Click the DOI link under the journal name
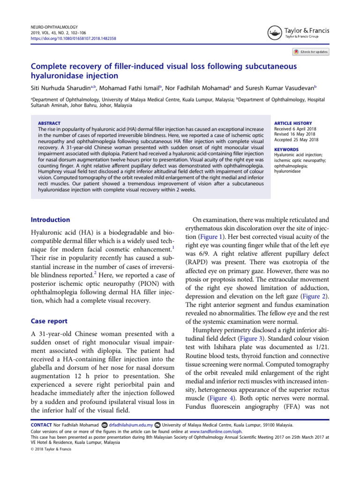(73, 38)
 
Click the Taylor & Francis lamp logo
(274, 32)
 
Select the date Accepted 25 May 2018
(296, 140)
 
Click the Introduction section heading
(50, 220)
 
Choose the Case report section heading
(49, 321)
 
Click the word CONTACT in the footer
(41, 425)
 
